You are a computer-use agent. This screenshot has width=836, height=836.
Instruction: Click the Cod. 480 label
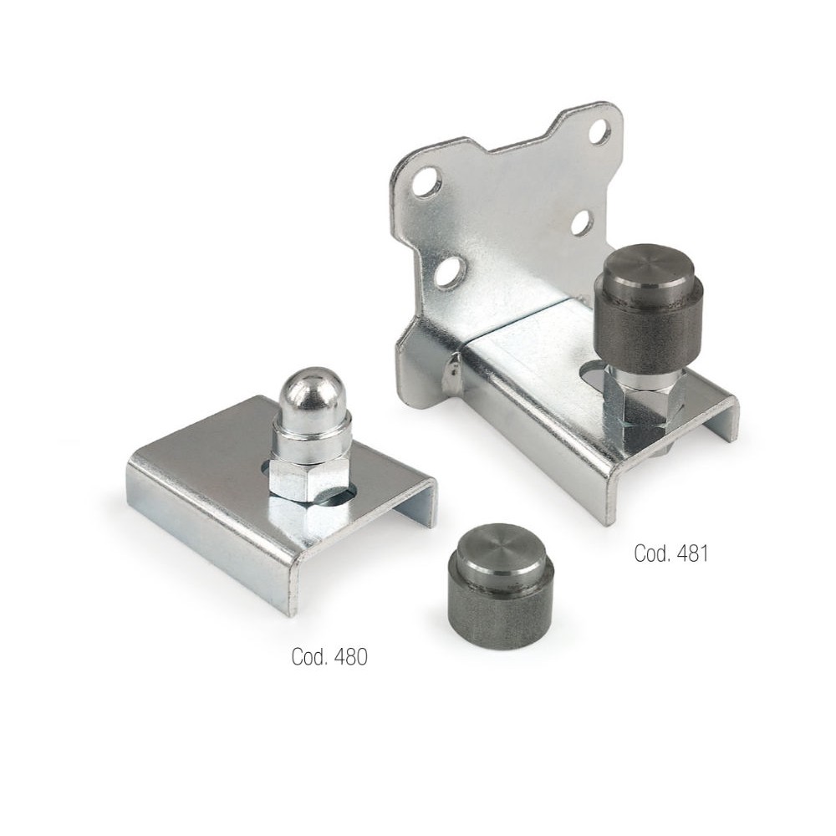[329, 656]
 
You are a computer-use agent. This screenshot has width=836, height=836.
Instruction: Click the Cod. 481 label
[670, 553]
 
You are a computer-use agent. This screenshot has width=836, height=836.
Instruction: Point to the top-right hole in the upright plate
[599, 131]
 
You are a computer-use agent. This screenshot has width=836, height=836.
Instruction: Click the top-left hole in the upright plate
[426, 182]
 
